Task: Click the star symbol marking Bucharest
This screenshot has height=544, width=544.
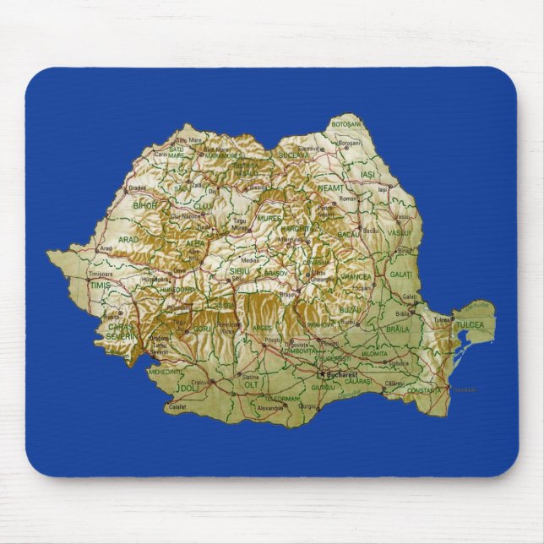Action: [x=319, y=373]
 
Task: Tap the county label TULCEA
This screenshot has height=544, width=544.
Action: [x=470, y=325]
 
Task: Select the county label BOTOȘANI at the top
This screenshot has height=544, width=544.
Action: [x=345, y=124]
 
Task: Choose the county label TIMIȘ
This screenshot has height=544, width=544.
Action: [x=101, y=286]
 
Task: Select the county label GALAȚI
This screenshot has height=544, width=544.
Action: [x=401, y=275]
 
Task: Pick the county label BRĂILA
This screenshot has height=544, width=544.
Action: [x=397, y=329]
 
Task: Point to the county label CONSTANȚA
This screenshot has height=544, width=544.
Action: [x=423, y=390]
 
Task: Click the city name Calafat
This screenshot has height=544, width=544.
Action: [x=177, y=407]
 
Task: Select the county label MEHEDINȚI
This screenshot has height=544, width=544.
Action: [x=165, y=371]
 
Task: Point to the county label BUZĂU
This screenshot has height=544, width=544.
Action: [x=350, y=310]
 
